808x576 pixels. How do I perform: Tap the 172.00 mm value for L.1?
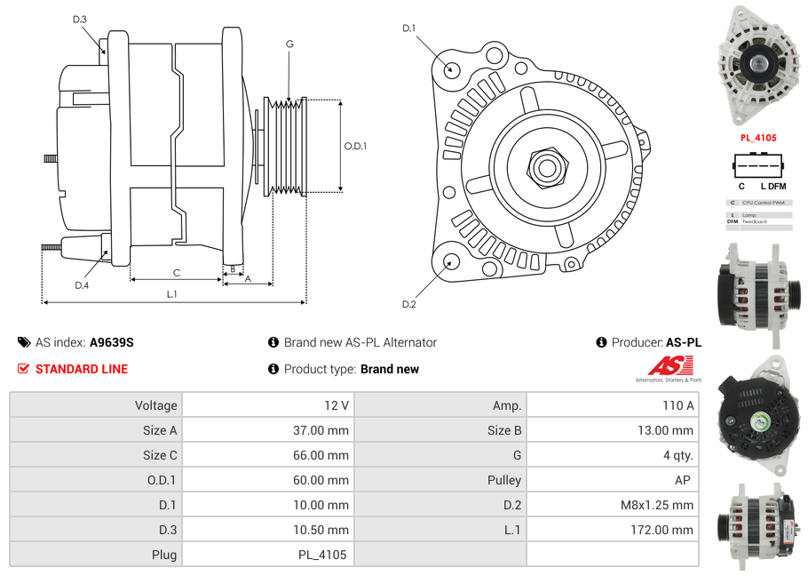click(x=669, y=530)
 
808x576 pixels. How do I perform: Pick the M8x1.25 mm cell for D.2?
click(x=657, y=505)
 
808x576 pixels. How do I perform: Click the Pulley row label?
click(x=504, y=480)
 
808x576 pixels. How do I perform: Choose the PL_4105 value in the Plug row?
click(x=321, y=555)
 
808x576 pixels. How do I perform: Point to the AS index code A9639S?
click(x=111, y=342)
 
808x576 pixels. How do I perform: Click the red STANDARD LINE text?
click(x=81, y=369)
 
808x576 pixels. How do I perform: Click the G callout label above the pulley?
click(x=289, y=44)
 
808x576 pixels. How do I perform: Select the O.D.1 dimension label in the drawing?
click(x=355, y=146)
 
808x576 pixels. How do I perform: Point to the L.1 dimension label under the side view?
click(x=172, y=294)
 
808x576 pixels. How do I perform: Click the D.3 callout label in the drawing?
click(x=80, y=20)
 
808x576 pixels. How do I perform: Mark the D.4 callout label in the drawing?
click(x=82, y=285)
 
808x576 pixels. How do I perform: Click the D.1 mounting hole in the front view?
click(x=450, y=68)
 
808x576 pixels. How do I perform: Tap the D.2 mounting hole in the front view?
click(x=450, y=261)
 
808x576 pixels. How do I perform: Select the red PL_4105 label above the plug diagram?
click(x=758, y=138)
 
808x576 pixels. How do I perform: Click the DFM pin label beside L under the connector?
click(x=777, y=187)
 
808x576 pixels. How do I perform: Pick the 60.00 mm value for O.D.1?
click(x=323, y=480)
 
